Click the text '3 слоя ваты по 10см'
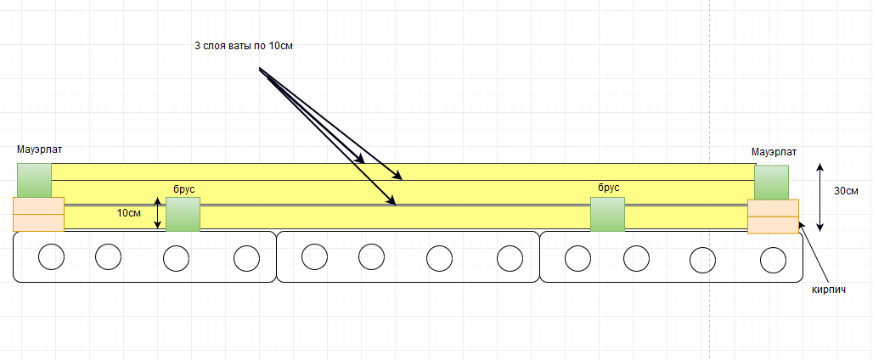coord(243,46)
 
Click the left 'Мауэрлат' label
coord(39,149)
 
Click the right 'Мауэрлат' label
coord(774,152)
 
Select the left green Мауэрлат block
coord(34,180)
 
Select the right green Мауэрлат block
coord(771,182)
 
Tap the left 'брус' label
coord(184,188)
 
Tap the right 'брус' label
coord(608,188)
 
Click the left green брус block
coord(183,214)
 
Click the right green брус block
coord(607,214)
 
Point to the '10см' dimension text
coord(129,213)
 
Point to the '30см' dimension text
coord(845,191)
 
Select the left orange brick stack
coord(38,214)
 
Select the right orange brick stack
coord(773,216)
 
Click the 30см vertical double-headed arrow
coord(819,196)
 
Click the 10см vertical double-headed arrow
coord(157,213)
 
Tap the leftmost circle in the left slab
coord(52,256)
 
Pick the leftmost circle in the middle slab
coord(314,256)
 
